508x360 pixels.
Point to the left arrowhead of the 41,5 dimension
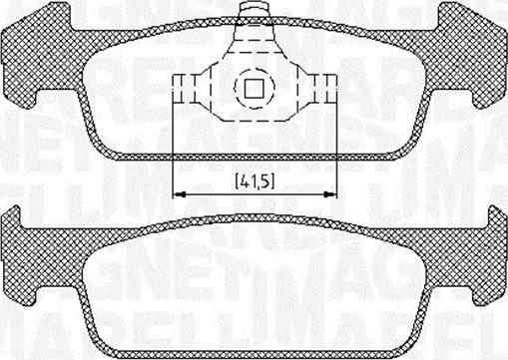(179, 193)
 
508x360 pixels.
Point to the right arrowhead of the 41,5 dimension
(329, 193)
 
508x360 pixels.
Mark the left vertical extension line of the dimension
(174, 150)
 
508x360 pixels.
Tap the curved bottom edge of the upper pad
(254, 158)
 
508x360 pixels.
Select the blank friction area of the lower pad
(254, 299)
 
